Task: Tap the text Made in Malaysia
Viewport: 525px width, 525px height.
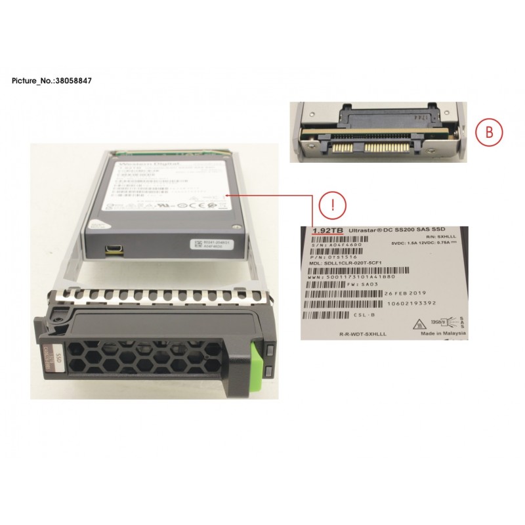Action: (442, 333)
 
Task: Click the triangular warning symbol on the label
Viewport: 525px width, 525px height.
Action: (415, 323)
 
